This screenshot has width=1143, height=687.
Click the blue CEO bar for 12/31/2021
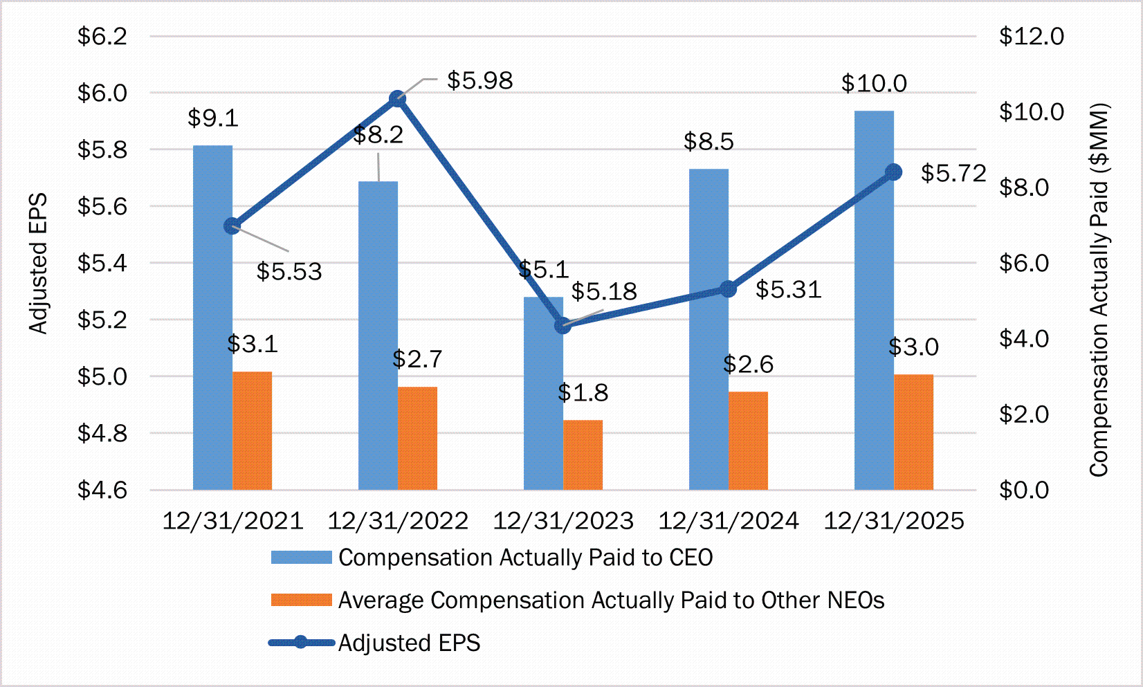(x=212, y=318)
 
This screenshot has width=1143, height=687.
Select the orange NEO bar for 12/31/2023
(x=583, y=455)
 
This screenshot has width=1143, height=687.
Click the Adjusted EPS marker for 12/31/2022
(x=397, y=99)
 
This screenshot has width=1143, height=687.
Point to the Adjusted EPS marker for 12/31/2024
(x=728, y=289)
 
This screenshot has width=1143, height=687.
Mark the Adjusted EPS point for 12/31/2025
(x=894, y=172)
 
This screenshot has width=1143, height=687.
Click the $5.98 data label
(x=479, y=80)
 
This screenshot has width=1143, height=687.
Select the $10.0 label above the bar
(x=874, y=83)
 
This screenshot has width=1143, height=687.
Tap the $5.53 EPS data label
(x=289, y=271)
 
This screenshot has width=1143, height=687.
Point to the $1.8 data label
(x=583, y=393)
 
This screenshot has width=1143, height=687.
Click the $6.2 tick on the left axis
(x=102, y=36)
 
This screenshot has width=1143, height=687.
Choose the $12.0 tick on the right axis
(x=1031, y=36)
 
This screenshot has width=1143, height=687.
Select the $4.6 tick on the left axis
(x=102, y=490)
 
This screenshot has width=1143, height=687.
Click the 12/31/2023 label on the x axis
(x=563, y=521)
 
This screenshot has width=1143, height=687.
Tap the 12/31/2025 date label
(x=894, y=521)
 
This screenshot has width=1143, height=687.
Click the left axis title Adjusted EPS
(x=38, y=263)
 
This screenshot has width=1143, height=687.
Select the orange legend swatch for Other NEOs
(x=301, y=600)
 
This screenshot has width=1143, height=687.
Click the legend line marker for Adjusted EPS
(x=301, y=643)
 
